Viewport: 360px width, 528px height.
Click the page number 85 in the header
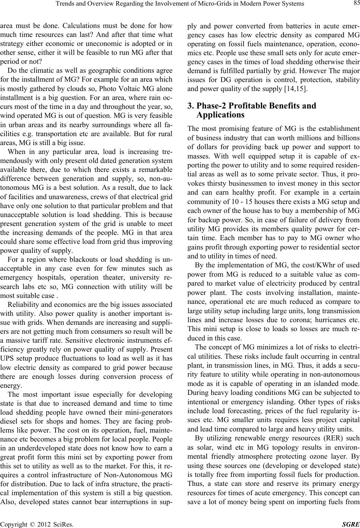coord(354,4)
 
